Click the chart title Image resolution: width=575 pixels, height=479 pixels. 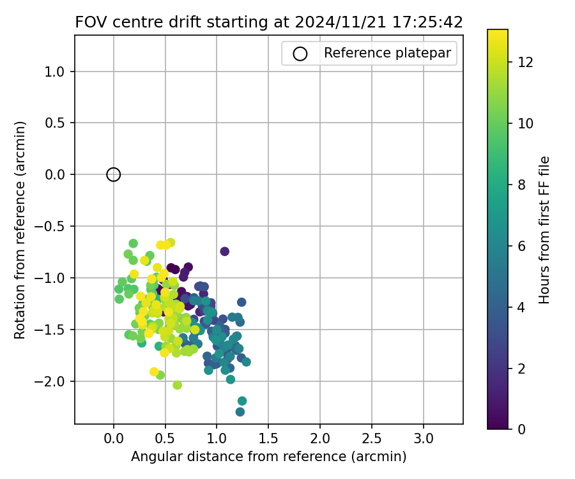pos(269,22)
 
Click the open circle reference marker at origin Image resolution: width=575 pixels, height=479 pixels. pos(114,174)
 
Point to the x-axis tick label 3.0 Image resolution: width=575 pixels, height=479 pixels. pos(424,439)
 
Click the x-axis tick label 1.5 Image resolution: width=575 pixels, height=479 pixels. pos(268,439)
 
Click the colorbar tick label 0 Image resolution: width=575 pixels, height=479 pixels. pos(521,429)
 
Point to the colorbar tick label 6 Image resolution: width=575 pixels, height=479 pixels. pos(521,246)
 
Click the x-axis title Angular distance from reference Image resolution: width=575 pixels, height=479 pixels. pos(268,457)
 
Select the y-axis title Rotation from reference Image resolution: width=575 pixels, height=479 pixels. pos(20,230)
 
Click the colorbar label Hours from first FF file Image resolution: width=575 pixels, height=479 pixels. pos(544,230)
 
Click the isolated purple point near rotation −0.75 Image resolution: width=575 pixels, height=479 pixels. pos(225,252)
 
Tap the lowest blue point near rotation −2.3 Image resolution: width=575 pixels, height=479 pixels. pos(240,412)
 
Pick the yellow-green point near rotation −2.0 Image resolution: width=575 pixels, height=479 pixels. pos(178,385)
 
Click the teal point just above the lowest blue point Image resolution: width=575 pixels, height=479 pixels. pos(242,401)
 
